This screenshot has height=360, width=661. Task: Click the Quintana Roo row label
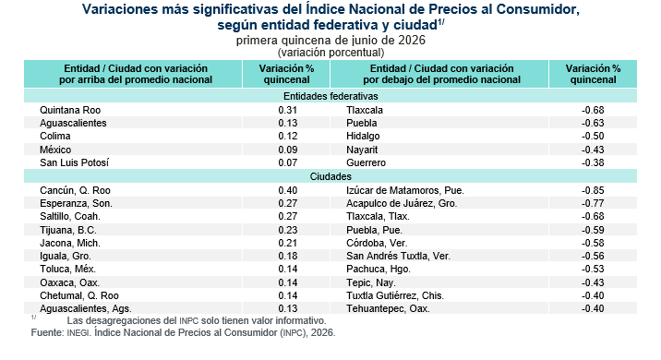(70, 110)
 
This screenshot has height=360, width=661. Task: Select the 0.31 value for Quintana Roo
(287, 110)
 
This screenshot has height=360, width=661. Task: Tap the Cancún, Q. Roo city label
(75, 190)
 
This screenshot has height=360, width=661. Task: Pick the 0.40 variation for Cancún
(287, 190)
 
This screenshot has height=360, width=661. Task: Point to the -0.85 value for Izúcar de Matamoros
(593, 190)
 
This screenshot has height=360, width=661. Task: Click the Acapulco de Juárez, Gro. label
(402, 203)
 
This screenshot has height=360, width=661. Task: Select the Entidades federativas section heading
(330, 96)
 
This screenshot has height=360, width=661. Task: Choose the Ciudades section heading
(330, 176)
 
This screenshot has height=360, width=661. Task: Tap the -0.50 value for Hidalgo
(593, 136)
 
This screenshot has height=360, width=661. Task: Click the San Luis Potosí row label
(74, 162)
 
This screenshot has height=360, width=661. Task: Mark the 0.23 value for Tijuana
(287, 230)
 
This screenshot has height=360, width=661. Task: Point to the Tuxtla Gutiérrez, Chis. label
(395, 295)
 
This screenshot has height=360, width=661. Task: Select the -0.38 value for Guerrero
(593, 162)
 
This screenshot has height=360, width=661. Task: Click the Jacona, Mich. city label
(70, 244)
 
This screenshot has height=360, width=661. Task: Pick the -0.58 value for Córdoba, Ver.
(593, 244)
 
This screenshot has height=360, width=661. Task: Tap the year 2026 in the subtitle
(412, 40)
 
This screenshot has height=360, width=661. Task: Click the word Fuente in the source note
(46, 332)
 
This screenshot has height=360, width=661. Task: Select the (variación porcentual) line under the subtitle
(330, 53)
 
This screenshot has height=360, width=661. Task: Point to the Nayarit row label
(362, 150)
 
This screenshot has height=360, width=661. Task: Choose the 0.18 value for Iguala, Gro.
(287, 256)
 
